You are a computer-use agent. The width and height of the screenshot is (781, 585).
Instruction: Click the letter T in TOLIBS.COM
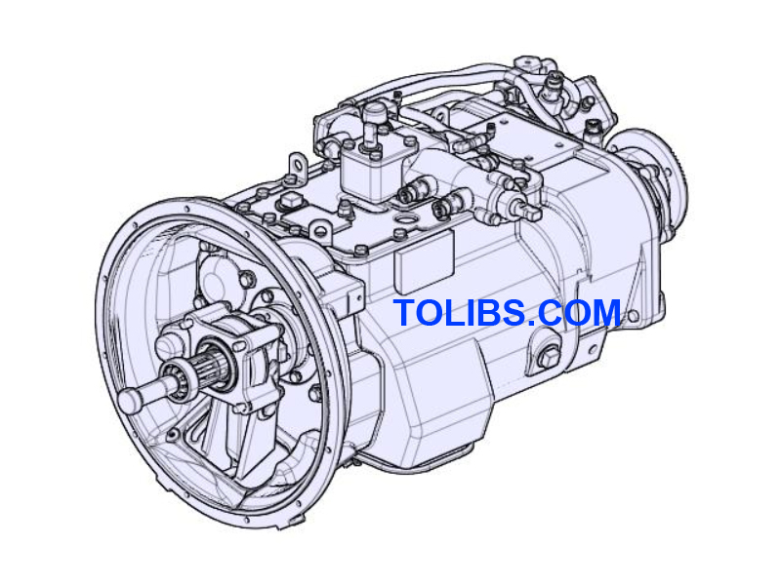point(405,314)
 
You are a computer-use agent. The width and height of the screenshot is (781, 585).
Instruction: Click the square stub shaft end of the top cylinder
point(532,212)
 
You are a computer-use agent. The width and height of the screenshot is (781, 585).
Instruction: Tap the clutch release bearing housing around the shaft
point(239,356)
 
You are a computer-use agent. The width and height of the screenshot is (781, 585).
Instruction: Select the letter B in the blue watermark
point(485,314)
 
